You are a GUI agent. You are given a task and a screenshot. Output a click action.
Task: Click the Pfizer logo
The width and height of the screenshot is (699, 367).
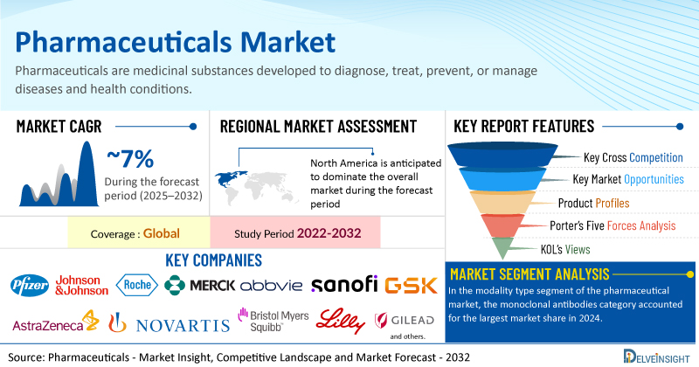point(30,285)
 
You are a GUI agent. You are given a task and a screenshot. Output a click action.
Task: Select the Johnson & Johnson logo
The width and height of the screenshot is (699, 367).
point(81,285)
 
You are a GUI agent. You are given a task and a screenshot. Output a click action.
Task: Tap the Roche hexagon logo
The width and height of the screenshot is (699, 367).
point(137,285)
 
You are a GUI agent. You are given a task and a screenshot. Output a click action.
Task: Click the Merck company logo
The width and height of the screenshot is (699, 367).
point(200,285)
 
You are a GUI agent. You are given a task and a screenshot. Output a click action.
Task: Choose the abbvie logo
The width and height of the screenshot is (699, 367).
point(271,285)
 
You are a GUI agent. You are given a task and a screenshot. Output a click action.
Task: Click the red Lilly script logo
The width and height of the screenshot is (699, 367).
point(338,320)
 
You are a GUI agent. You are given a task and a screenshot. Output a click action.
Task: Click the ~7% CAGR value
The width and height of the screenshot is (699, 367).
point(130,159)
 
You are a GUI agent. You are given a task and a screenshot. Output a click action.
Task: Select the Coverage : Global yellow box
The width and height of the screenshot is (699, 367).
point(138,234)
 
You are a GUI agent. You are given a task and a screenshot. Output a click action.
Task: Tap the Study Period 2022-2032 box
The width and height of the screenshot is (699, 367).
point(295,234)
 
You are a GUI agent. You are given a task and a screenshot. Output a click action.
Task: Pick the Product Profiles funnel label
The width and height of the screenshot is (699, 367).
point(592,204)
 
